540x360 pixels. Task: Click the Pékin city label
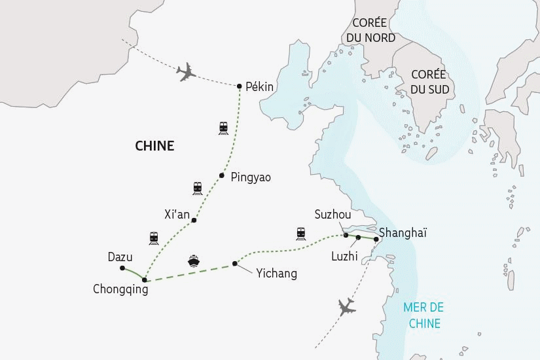[259, 87]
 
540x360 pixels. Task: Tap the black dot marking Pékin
[240, 86]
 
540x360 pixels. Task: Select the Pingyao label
[251, 177]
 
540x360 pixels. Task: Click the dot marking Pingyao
[222, 175]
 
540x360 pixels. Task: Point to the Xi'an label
[177, 214]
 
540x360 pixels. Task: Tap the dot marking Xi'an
[194, 221]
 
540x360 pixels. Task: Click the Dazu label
[120, 257]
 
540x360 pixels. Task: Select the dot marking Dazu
[123, 268]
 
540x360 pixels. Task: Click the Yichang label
[276, 274]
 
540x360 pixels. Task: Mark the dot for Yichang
[234, 264]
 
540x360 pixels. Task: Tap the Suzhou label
[333, 215]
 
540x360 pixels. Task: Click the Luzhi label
[344, 257]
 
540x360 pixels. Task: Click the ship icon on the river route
[194, 261]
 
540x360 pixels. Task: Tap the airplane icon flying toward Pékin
[187, 72]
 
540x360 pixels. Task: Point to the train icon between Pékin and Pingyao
[223, 128]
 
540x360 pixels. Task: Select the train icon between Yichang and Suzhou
[301, 232]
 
